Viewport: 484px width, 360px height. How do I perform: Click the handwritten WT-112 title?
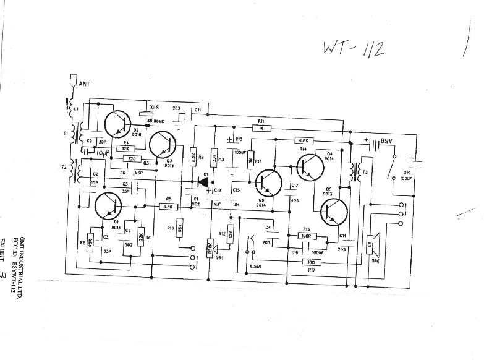(353, 49)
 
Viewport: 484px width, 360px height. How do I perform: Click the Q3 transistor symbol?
(163, 147)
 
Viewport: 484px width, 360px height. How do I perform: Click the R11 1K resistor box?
(261, 128)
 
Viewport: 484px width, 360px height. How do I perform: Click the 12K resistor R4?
(125, 149)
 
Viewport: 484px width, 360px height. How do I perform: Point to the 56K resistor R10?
(179, 228)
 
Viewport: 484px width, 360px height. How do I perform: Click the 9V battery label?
(387, 141)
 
